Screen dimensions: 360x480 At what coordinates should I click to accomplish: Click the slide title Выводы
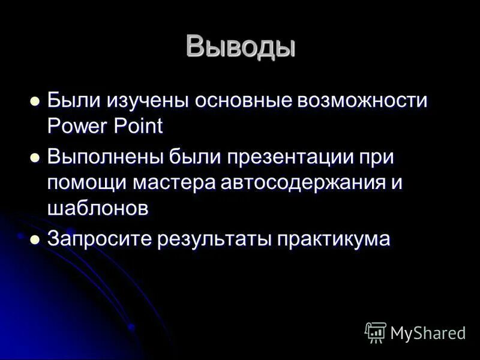[241, 46]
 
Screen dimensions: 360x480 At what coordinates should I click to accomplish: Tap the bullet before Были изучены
[35, 100]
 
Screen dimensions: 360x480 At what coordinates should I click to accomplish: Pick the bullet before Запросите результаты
[35, 239]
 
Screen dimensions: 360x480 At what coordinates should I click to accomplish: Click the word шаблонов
[98, 209]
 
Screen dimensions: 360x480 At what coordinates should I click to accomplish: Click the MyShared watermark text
[427, 332]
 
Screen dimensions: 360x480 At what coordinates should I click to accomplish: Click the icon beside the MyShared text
[375, 332]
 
